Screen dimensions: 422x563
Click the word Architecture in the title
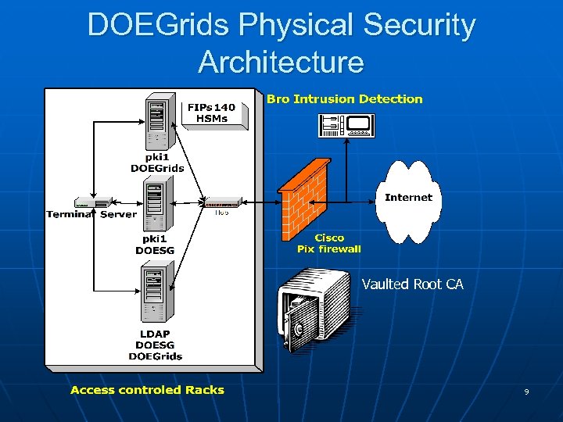click(x=281, y=62)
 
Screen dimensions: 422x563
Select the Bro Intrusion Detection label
click(x=344, y=99)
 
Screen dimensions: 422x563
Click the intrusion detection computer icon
click(x=346, y=125)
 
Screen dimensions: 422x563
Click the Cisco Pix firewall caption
click(x=329, y=243)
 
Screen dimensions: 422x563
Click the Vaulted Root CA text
click(x=412, y=284)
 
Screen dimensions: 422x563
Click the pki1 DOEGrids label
click(x=156, y=163)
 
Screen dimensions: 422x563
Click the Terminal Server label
click(x=91, y=214)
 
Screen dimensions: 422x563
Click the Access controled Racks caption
click(x=147, y=390)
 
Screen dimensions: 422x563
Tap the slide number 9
click(x=526, y=392)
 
